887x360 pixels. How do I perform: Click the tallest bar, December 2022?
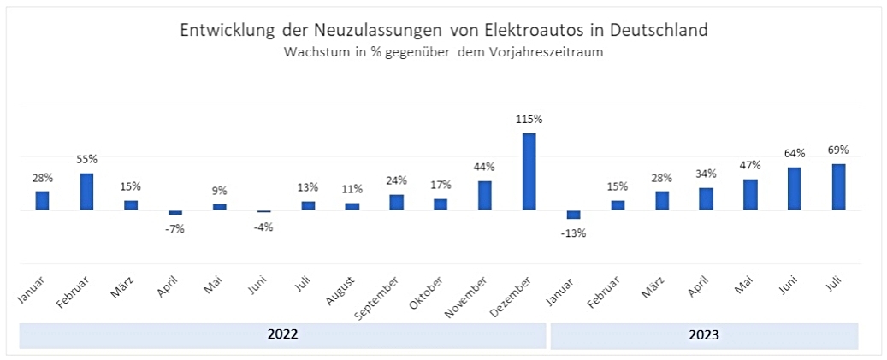pyautogui.click(x=529, y=171)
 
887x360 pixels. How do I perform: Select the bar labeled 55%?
pyautogui.click(x=86, y=192)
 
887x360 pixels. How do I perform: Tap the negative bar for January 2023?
pyautogui.click(x=574, y=215)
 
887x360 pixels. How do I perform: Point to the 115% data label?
pyautogui.click(x=529, y=121)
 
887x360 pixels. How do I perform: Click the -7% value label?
pyautogui.click(x=175, y=228)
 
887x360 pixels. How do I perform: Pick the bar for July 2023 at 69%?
pyautogui.click(x=839, y=186)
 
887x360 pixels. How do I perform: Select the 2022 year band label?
pyautogui.click(x=282, y=335)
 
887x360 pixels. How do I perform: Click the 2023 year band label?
pyautogui.click(x=703, y=335)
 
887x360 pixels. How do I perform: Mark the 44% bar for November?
pyautogui.click(x=485, y=195)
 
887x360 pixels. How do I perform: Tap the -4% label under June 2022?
pyautogui.click(x=263, y=227)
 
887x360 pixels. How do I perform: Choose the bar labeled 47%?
pyautogui.click(x=750, y=194)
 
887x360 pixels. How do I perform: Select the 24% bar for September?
pyautogui.click(x=396, y=202)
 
